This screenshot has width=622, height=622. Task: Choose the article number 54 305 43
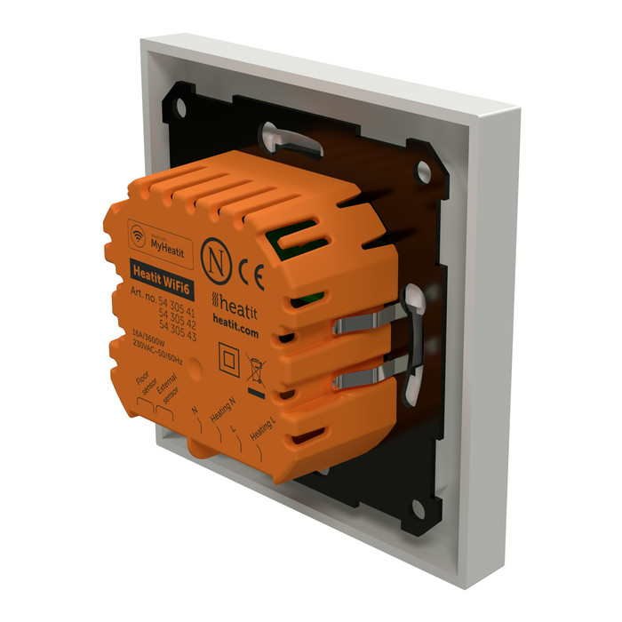point(178,327)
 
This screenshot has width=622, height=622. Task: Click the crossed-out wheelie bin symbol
point(256,368)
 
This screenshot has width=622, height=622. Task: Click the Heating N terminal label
point(222,411)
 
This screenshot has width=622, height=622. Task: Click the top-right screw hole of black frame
point(423,165)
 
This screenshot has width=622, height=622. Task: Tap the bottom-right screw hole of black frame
point(415,509)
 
